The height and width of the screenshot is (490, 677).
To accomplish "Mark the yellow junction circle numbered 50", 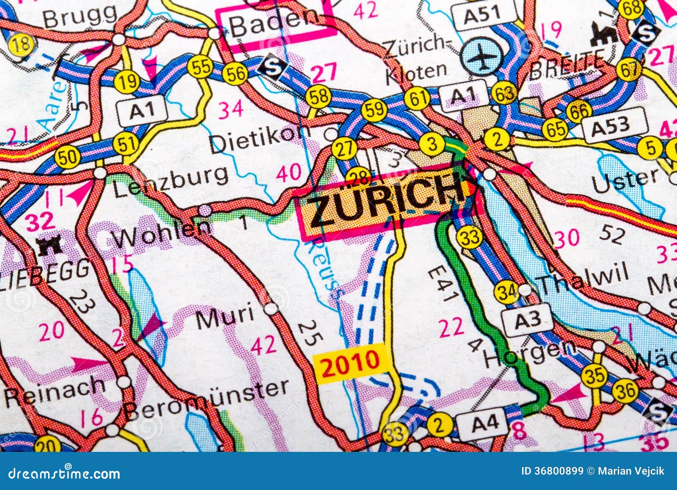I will (67, 158).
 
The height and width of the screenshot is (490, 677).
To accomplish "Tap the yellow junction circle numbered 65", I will (556, 129).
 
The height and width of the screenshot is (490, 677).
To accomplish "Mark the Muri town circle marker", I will (271, 308).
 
